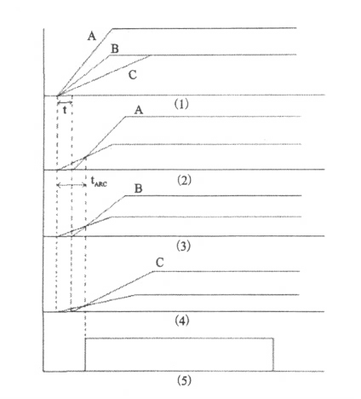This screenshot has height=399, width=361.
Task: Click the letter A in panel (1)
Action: click(x=92, y=37)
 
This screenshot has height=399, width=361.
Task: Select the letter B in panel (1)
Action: click(x=115, y=49)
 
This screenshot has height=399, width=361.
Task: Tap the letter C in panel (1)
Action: click(x=132, y=75)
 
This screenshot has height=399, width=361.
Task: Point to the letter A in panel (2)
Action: click(x=139, y=110)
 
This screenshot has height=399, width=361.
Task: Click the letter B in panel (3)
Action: click(x=138, y=188)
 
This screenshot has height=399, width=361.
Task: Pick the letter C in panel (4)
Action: click(x=160, y=263)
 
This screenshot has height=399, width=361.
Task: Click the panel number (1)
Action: click(x=181, y=104)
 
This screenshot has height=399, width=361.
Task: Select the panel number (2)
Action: click(x=184, y=180)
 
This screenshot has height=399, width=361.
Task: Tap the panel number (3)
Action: click(x=183, y=246)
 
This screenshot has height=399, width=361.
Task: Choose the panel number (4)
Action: click(x=182, y=321)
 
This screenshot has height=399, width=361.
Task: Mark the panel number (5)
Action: click(x=184, y=380)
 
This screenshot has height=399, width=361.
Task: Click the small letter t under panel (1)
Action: click(x=65, y=110)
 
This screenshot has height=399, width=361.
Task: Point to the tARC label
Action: click(x=99, y=182)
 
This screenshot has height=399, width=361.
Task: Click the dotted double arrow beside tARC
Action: click(x=72, y=185)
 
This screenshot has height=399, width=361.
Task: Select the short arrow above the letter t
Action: click(x=65, y=102)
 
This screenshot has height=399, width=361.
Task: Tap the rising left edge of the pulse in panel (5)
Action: click(x=85, y=355)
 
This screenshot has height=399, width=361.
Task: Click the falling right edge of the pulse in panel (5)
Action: click(x=273, y=355)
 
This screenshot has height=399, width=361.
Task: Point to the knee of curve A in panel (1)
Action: click(x=112, y=29)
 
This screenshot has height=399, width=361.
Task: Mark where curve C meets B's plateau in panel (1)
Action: click(x=151, y=55)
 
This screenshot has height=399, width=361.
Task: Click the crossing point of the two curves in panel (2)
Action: click(x=86, y=156)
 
